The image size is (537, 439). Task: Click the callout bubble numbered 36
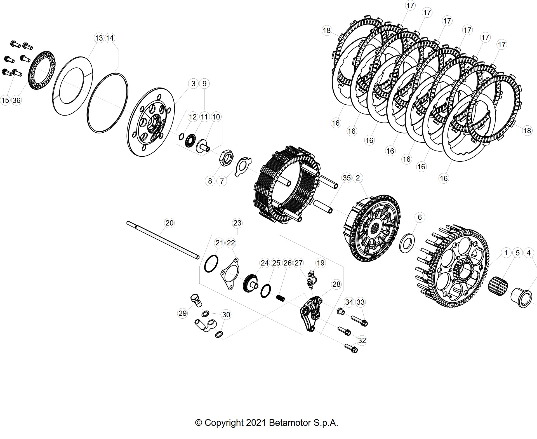(x=17, y=100)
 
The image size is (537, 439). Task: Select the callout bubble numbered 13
(x=99, y=38)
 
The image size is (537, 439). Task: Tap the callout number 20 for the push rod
(x=169, y=223)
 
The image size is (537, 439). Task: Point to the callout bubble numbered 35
(x=347, y=178)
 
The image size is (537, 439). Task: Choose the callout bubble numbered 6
(x=420, y=217)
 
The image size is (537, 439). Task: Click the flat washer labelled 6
(x=407, y=242)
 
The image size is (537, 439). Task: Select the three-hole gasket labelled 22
(x=230, y=274)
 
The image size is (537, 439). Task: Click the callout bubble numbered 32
(x=362, y=340)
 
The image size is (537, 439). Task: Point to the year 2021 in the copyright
(x=256, y=422)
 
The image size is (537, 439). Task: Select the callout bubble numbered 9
(x=204, y=83)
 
